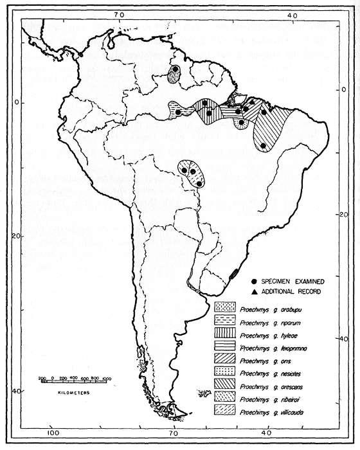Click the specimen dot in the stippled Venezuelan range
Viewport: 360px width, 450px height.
(175, 69)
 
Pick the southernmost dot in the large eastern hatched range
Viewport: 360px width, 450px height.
(264, 146)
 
